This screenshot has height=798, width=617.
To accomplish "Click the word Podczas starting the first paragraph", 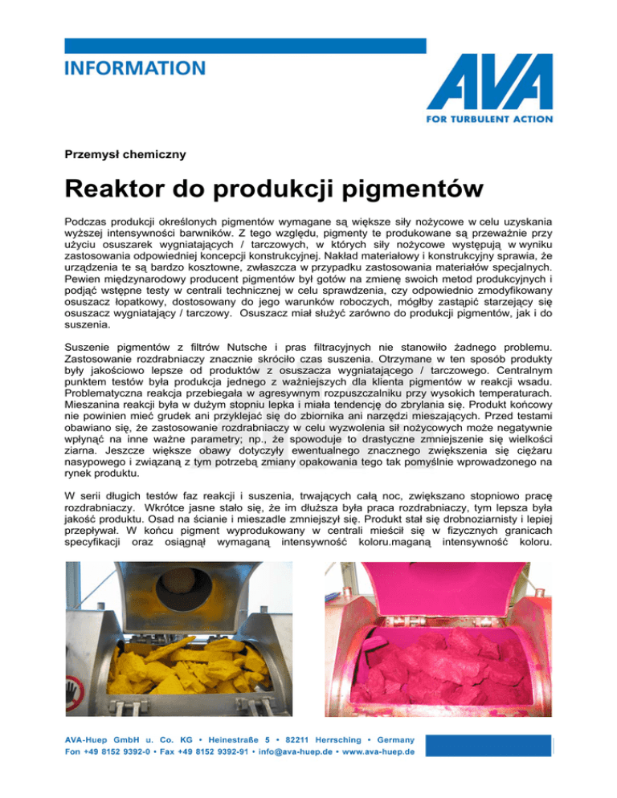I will coord(86,221).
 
